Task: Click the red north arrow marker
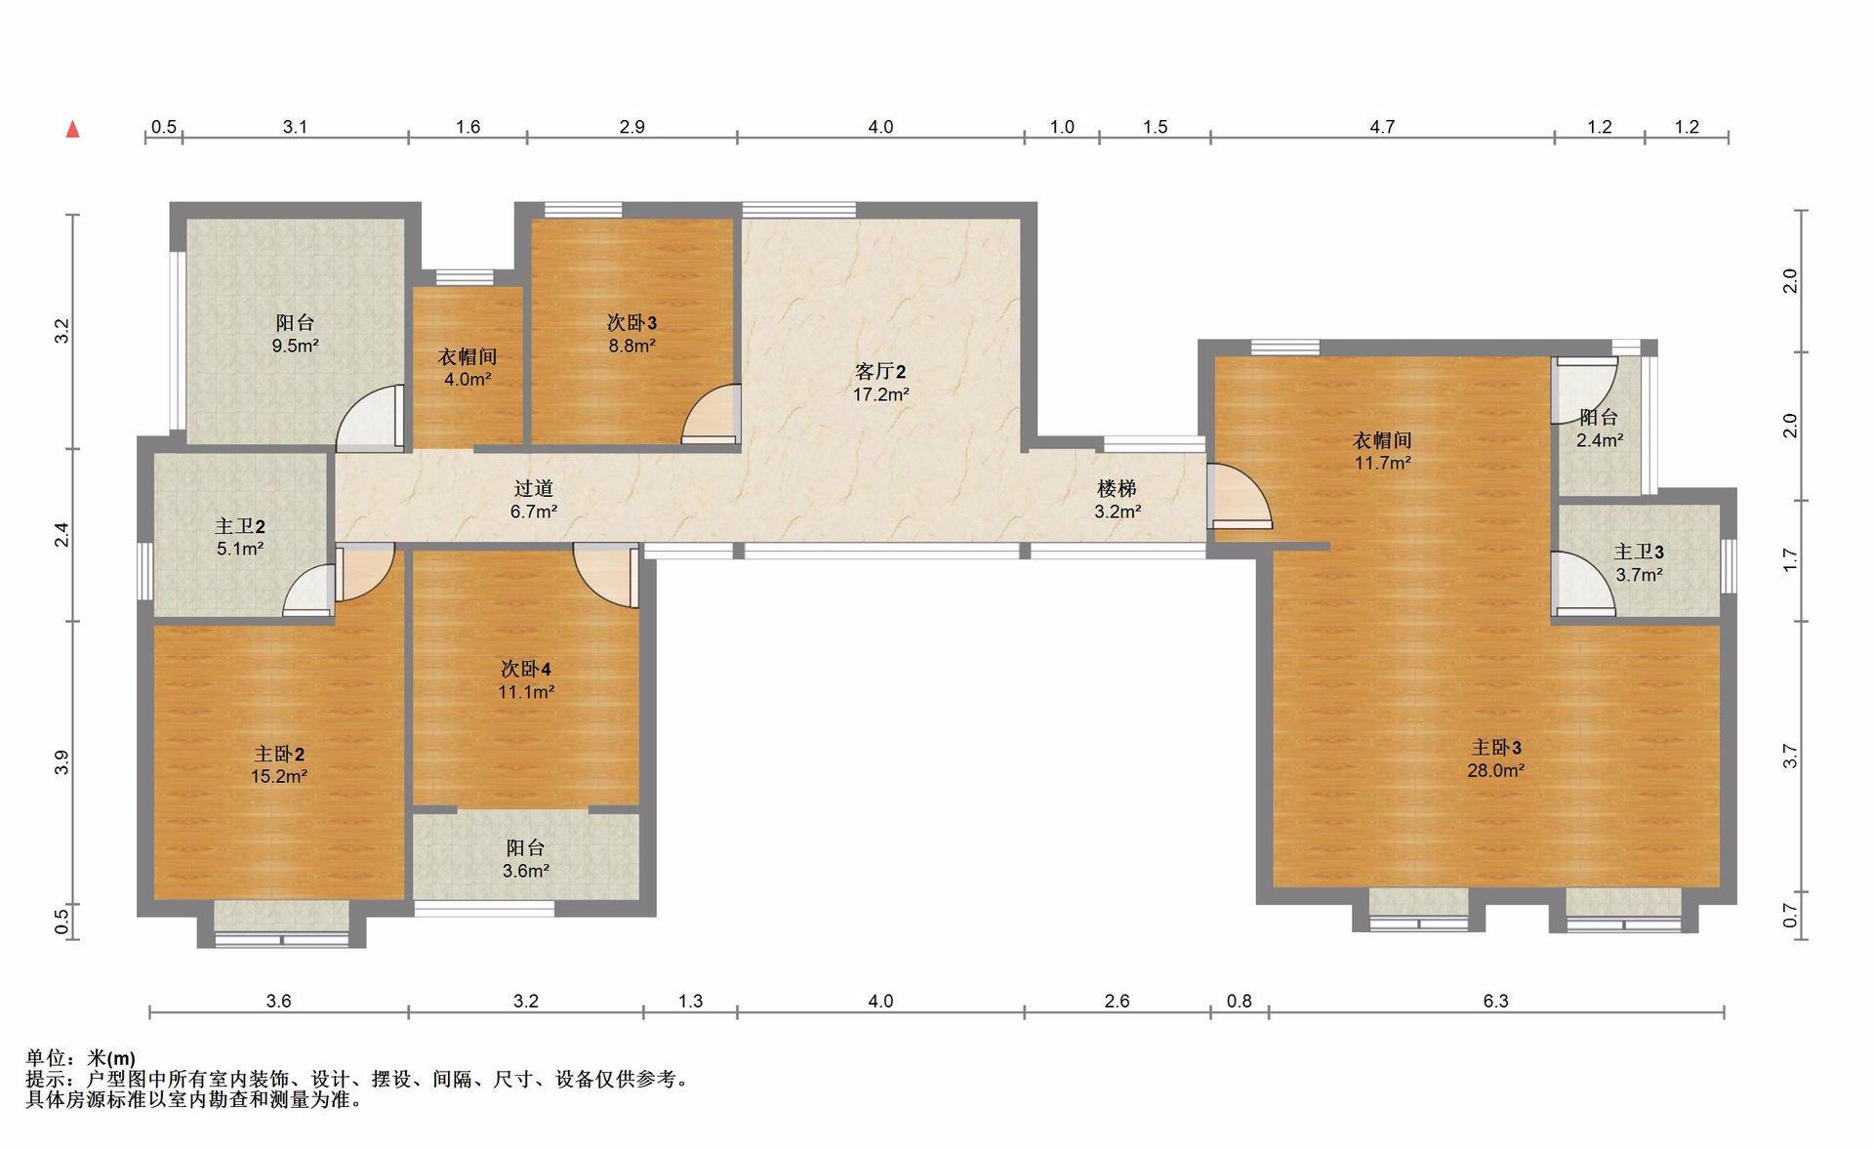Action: point(72,130)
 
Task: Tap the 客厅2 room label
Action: point(880,372)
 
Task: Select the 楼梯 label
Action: point(1117,488)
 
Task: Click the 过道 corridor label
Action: point(534,488)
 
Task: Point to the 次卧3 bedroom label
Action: point(631,322)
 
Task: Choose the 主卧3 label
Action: point(1496,748)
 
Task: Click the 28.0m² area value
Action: point(1496,770)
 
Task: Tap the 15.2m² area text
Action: point(279,777)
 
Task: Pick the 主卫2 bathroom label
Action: point(240,526)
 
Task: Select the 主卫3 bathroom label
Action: point(1639,553)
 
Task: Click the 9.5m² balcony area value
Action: point(295,346)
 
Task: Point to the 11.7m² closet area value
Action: point(1382,463)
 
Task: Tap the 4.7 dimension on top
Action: point(1382,127)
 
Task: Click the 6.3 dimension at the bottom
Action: point(1496,1001)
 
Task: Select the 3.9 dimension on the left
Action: point(61,762)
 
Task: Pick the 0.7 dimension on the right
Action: point(1790,916)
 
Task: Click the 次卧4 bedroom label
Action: point(526,670)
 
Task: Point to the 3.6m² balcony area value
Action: point(526,871)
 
